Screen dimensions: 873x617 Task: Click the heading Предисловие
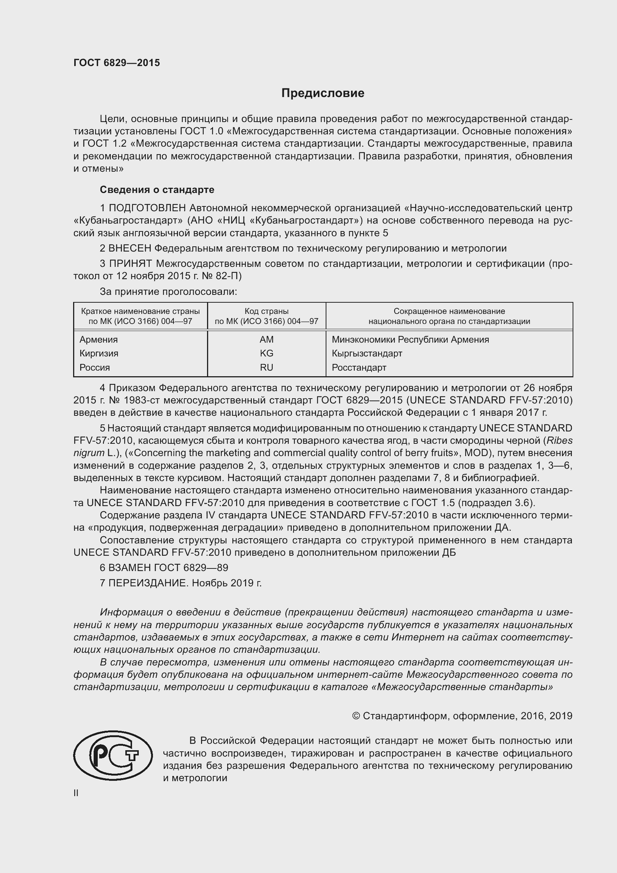point(323,93)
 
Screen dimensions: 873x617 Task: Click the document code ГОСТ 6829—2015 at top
point(117,63)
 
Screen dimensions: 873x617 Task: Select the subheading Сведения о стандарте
point(157,189)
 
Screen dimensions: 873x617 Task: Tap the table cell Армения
point(98,339)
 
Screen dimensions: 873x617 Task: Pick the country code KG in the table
point(266,353)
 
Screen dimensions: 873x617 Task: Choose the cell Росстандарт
point(358,367)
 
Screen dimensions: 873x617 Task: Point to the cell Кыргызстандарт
point(367,353)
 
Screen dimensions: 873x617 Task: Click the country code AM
point(266,339)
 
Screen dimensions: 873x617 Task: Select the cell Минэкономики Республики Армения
point(410,339)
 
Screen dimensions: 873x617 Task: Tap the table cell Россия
point(95,367)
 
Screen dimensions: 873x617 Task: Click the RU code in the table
point(266,367)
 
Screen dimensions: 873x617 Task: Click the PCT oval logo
point(113,755)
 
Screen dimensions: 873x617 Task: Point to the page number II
point(76,793)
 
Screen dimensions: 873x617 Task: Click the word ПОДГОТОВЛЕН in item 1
point(147,208)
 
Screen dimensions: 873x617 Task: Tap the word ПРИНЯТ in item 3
point(130,264)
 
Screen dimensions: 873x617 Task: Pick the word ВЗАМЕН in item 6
point(129,568)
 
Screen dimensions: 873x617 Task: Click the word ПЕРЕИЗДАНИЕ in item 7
point(148,583)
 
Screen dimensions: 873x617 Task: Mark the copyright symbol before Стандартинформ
point(356,716)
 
